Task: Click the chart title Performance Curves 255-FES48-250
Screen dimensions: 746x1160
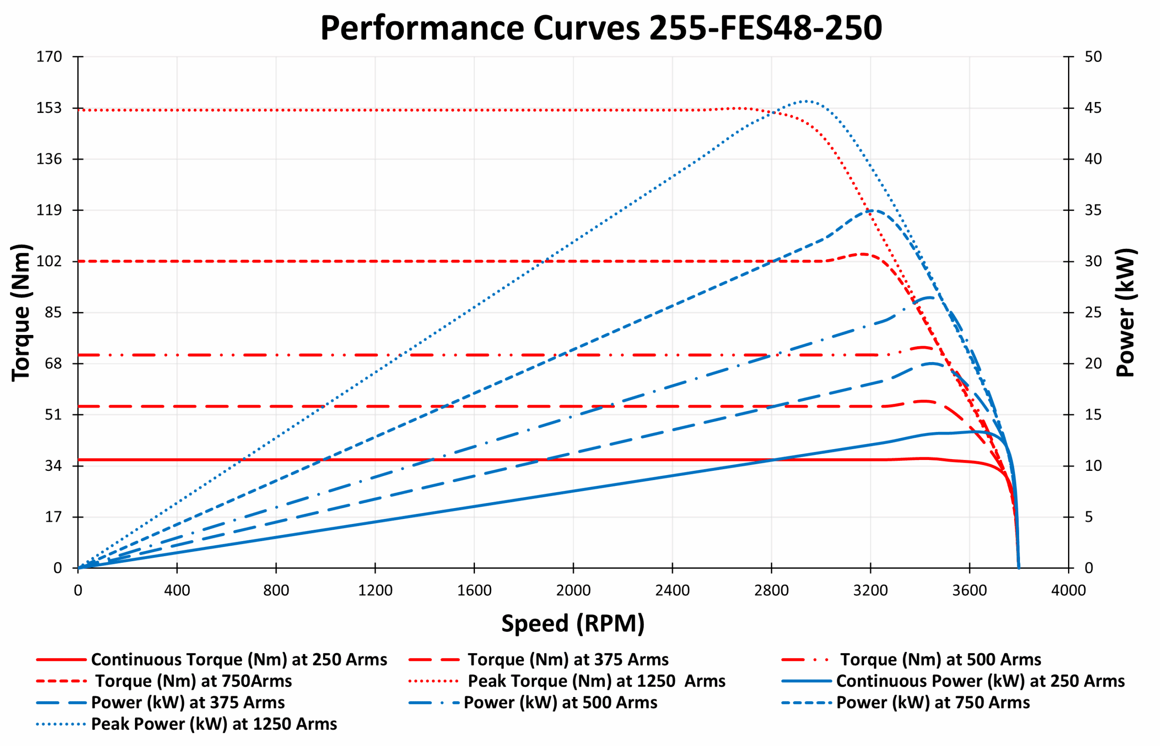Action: pyautogui.click(x=600, y=28)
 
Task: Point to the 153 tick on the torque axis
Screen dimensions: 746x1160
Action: pyautogui.click(x=49, y=108)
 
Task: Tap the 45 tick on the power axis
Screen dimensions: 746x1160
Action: pyautogui.click(x=1092, y=108)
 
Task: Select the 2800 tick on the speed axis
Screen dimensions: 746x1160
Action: pyautogui.click(x=771, y=591)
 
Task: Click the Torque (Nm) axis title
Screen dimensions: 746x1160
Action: pyautogui.click(x=21, y=312)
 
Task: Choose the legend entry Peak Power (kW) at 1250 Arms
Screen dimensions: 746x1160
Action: pyautogui.click(x=213, y=724)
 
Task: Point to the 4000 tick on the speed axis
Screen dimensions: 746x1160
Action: pyautogui.click(x=1068, y=591)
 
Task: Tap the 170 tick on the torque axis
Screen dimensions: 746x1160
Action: pyautogui.click(x=49, y=57)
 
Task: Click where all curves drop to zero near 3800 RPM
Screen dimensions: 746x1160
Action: pyautogui.click(x=1019, y=567)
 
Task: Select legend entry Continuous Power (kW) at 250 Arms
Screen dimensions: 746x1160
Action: pyautogui.click(x=980, y=681)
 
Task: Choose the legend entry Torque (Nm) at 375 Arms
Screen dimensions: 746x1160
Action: pyautogui.click(x=568, y=660)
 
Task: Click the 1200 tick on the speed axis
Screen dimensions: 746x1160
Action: pyautogui.click(x=375, y=591)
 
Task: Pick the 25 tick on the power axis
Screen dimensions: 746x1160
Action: pyautogui.click(x=1092, y=312)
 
